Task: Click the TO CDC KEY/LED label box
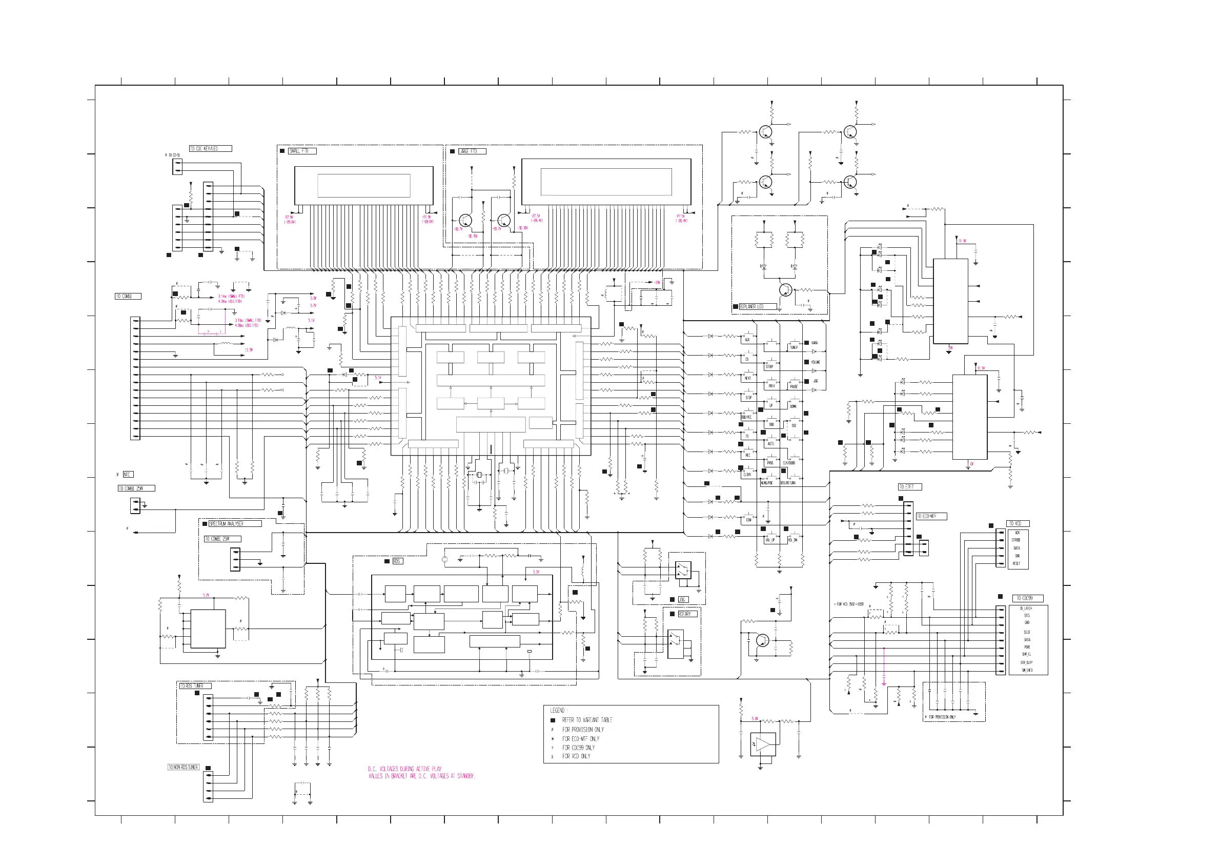click(x=210, y=149)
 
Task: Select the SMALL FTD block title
click(x=302, y=151)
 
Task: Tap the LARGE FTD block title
click(x=471, y=151)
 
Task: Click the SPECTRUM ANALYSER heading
click(x=234, y=524)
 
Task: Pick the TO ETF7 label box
click(x=909, y=487)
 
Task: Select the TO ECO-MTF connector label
click(x=931, y=516)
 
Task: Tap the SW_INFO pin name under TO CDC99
click(x=1027, y=671)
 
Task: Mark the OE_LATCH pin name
click(x=1026, y=609)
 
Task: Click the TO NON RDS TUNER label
click(x=184, y=767)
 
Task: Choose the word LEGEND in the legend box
click(x=558, y=711)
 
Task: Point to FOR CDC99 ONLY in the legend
click(x=579, y=748)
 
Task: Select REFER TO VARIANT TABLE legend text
click(x=587, y=720)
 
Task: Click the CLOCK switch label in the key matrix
click(x=747, y=475)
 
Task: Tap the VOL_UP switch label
click(x=769, y=540)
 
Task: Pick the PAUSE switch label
click(x=794, y=386)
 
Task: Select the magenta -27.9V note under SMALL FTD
click(x=289, y=218)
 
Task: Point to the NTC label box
click(x=128, y=475)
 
